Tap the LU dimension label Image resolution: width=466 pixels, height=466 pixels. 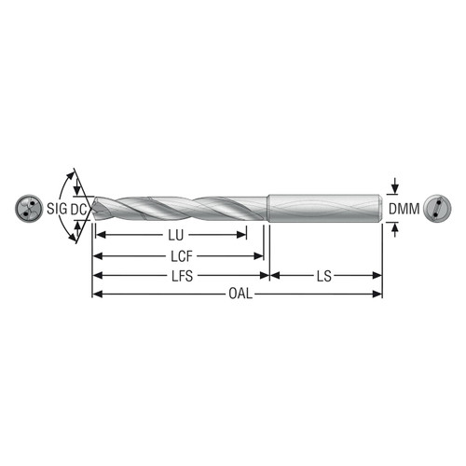tap(174, 235)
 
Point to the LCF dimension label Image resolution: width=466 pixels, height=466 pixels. tap(180, 255)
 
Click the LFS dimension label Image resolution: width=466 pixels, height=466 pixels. tap(180, 276)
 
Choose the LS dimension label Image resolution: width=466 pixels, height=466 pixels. tap(325, 276)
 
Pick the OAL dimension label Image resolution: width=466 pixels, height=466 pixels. tap(240, 295)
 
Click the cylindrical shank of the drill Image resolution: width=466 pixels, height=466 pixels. tap(326, 207)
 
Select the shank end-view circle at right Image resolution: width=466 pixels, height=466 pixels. tap(435, 208)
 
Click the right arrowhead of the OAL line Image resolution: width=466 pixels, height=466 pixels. tap(377, 295)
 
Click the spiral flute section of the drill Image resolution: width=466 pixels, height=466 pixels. tap(186, 207)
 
